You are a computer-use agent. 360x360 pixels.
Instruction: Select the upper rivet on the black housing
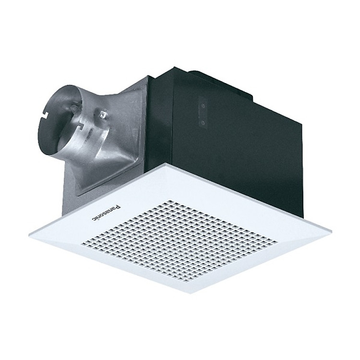pyautogui.click(x=203, y=104)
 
